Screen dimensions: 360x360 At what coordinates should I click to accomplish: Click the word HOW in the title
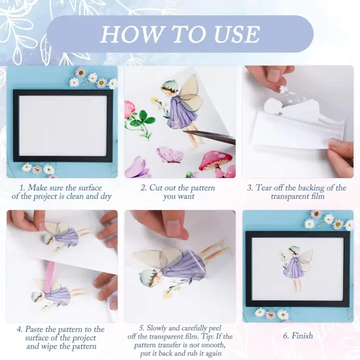tap(127, 33)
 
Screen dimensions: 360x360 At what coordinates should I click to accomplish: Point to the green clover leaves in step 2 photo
tap(139, 118)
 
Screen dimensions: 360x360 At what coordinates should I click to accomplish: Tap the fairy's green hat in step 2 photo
tap(169, 86)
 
